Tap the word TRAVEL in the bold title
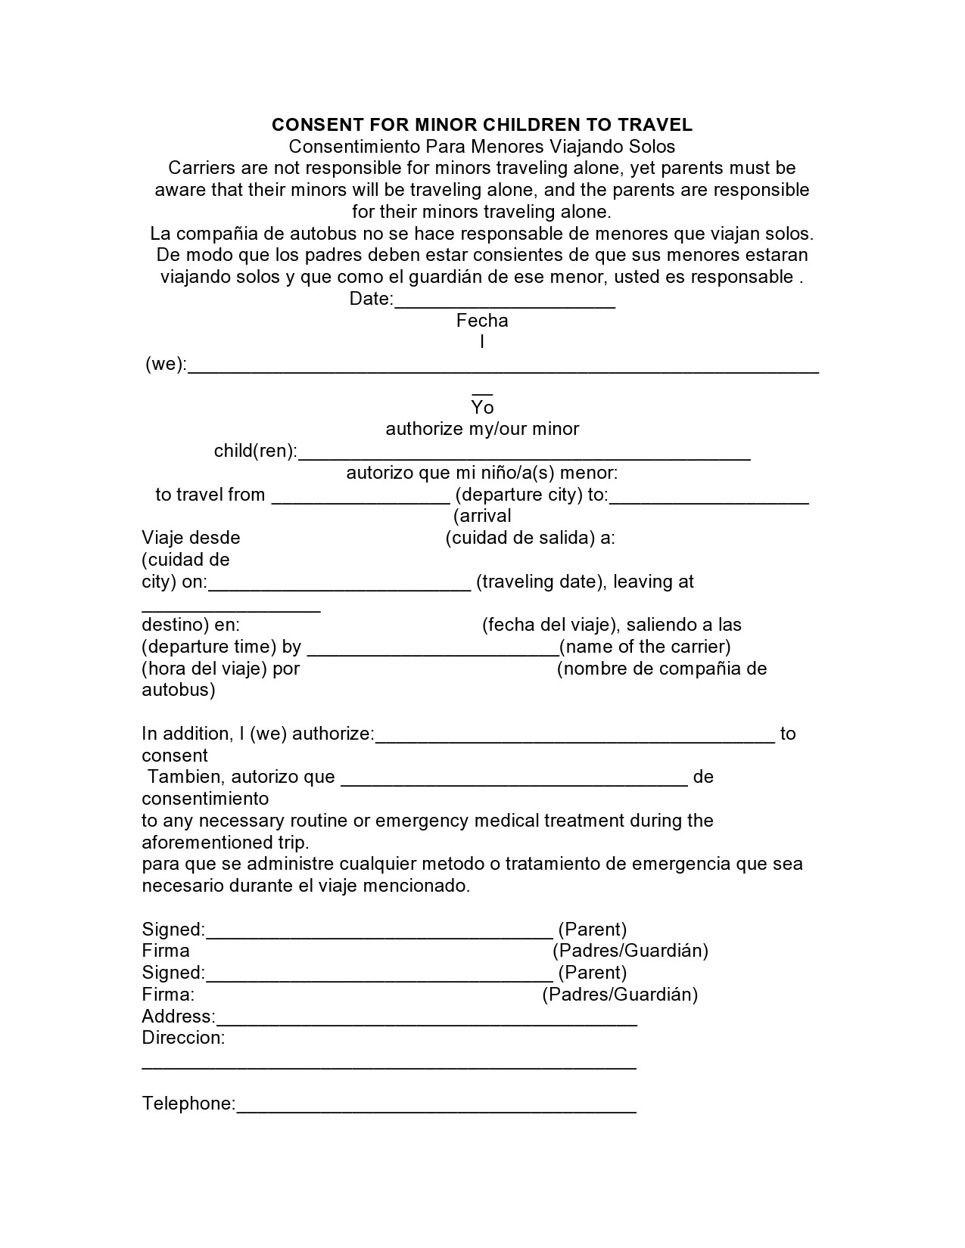pyautogui.click(x=655, y=125)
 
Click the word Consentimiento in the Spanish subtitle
pyautogui.click(x=353, y=146)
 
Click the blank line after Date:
pyautogui.click(x=505, y=303)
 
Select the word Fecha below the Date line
pyautogui.click(x=482, y=321)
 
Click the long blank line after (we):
pyautogui.click(x=503, y=368)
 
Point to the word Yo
pyautogui.click(x=482, y=408)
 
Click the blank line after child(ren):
pyautogui.click(x=525, y=455)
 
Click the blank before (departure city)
pyautogui.click(x=361, y=499)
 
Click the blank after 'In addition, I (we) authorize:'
pyautogui.click(x=575, y=738)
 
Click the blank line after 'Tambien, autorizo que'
pyautogui.click(x=515, y=781)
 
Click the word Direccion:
pyautogui.click(x=183, y=1038)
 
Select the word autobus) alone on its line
pyautogui.click(x=179, y=690)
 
